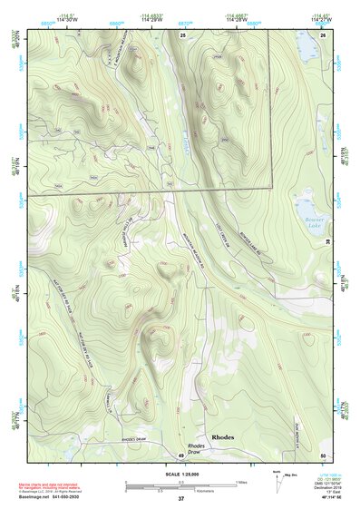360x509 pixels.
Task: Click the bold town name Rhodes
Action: (x=223, y=436)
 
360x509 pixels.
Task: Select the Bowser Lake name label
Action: (x=309, y=223)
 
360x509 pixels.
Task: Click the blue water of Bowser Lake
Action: (x=306, y=207)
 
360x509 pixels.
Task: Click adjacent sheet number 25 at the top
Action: (x=182, y=34)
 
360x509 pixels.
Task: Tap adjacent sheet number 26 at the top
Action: (x=323, y=34)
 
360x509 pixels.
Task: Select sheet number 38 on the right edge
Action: (x=327, y=241)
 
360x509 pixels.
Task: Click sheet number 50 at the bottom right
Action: (x=323, y=455)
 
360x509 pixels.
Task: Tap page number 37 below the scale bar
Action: (x=180, y=499)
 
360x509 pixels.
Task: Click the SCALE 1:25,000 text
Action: (x=180, y=474)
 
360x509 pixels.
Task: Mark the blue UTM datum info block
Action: (x=323, y=485)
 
